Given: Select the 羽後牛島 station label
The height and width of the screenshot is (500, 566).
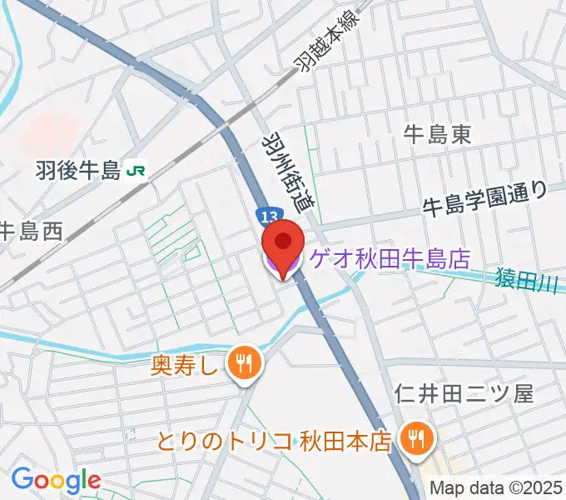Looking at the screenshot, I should point(79,171).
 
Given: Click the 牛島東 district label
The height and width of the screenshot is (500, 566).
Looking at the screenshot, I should point(437,135).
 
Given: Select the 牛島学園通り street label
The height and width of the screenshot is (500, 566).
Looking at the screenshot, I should point(485,197).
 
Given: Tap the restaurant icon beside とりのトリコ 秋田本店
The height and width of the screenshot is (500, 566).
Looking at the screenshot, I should point(414,437).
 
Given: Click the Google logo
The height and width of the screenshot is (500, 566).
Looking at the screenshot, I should point(55,479).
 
